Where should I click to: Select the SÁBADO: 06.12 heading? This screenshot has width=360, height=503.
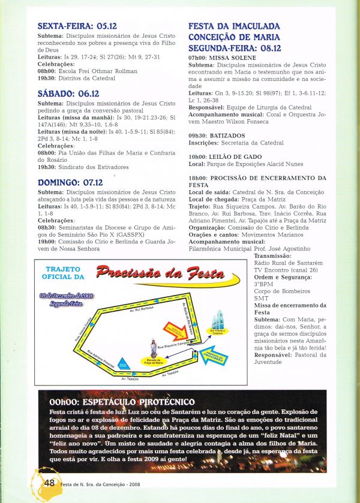pos(68,94)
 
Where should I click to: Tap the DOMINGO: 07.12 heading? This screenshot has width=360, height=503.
pos(70,182)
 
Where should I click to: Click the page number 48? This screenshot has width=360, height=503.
pos(49,482)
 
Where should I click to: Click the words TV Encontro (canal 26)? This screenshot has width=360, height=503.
pos(283,270)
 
